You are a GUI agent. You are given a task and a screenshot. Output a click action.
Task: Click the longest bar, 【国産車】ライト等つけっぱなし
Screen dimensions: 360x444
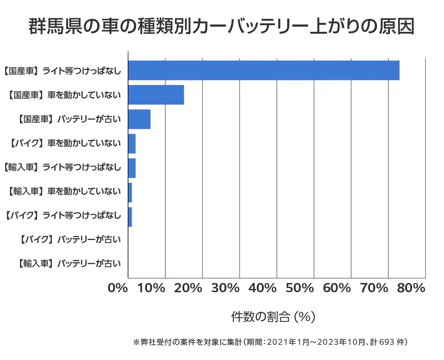coord(263,70)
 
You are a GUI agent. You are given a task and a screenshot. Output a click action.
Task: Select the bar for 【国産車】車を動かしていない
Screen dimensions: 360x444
coord(156,95)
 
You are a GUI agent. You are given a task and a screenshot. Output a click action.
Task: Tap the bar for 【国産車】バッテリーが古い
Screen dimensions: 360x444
coord(139,119)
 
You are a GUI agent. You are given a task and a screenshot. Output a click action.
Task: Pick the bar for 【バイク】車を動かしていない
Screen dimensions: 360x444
coord(132,144)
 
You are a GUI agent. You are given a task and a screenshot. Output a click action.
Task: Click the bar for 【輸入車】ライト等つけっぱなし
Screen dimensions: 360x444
coord(132,168)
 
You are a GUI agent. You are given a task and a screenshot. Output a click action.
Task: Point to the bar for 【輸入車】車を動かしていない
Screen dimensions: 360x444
coord(130,193)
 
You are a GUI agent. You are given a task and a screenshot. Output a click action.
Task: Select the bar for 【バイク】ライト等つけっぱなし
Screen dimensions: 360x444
coord(130,217)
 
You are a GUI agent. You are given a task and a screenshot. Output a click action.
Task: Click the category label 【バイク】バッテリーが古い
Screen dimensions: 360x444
coord(69,240)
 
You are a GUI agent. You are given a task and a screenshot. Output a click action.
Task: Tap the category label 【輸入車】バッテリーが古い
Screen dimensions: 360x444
coord(69,264)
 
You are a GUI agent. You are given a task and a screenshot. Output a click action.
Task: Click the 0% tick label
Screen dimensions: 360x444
coord(117,288)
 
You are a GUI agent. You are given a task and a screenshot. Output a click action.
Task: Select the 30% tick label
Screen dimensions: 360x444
coord(226,288)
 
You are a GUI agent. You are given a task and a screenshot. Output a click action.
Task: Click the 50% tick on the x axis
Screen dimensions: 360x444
coord(300,288)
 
